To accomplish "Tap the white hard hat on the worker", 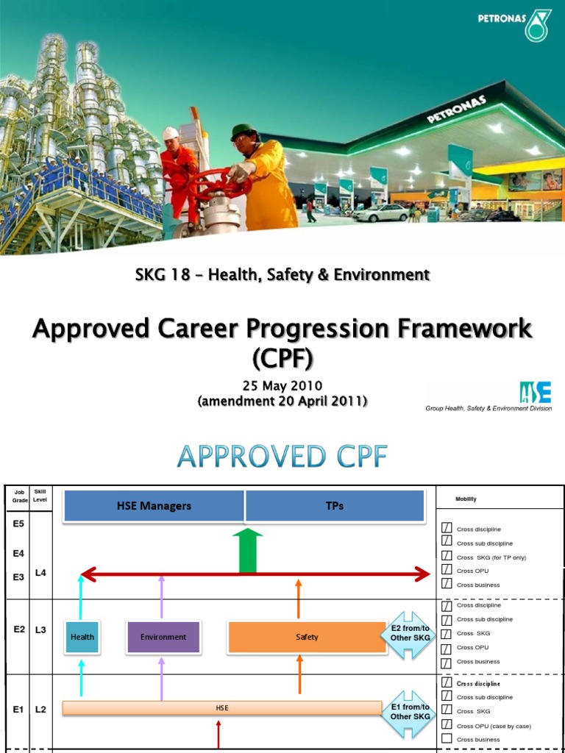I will (x=170, y=132).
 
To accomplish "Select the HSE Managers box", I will (x=154, y=506).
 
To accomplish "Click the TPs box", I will (x=335, y=506).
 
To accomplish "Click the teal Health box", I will (x=82, y=637).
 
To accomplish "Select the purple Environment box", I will (x=163, y=637).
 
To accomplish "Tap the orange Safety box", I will (x=307, y=637).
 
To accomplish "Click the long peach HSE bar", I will (x=221, y=708).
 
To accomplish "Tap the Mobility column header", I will (x=466, y=499).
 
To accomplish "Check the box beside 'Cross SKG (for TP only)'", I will (x=447, y=556).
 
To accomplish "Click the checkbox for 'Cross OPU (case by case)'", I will (x=447, y=725).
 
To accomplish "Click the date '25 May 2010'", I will (x=282, y=386).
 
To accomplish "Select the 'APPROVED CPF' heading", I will (x=282, y=457).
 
